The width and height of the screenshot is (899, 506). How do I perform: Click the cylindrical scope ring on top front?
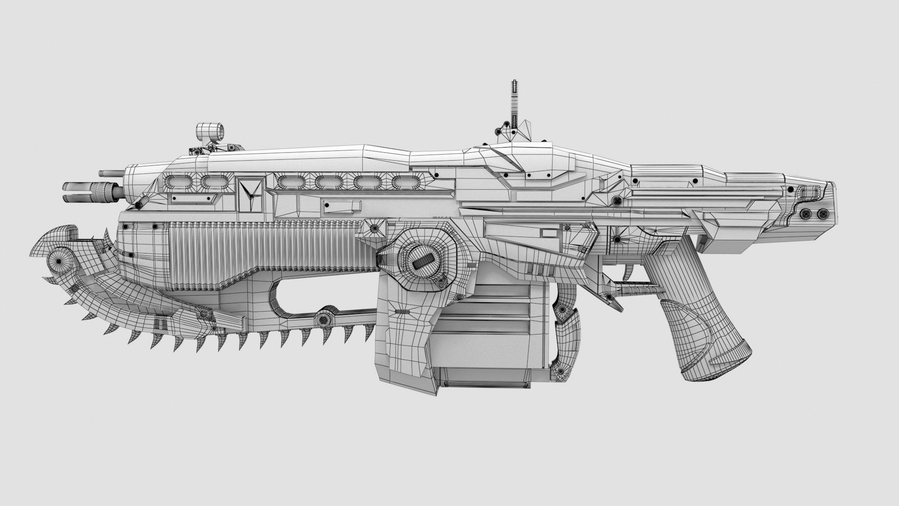point(209,132)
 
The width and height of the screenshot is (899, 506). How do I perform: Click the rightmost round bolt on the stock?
point(822,214)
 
